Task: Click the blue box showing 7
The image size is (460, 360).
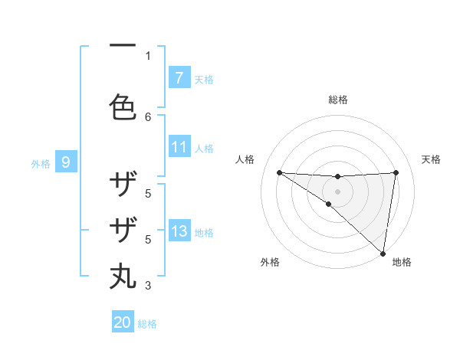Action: pos(179,77)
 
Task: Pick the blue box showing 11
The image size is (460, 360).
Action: pos(179,147)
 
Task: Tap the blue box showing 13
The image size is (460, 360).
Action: pos(179,231)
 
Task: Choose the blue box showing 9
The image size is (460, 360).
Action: pos(66,162)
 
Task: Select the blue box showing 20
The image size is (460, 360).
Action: pos(123,322)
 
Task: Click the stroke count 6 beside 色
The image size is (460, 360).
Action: pos(148,116)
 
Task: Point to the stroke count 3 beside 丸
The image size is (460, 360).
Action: pos(148,286)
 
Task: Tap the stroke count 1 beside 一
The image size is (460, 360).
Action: pos(148,55)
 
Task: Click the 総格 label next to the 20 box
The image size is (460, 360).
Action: pos(147,324)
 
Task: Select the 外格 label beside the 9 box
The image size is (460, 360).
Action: pos(41,163)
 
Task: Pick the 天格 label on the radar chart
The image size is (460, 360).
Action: pos(432,159)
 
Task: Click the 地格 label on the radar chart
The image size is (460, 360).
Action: pos(402,262)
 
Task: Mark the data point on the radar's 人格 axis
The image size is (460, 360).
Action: pos(279,172)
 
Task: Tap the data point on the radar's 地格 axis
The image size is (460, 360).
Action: pos(383,253)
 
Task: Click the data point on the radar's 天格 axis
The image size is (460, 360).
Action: pos(396,172)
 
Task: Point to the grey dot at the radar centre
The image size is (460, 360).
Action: pos(337,191)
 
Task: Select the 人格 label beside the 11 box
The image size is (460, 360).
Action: pos(204,149)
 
